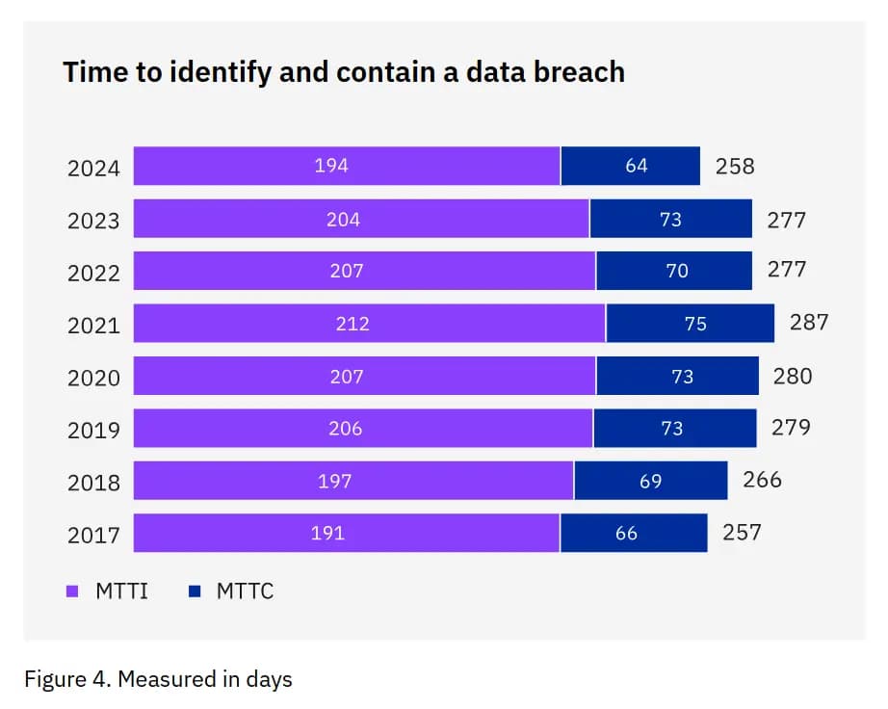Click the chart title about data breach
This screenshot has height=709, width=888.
pyautogui.click(x=344, y=72)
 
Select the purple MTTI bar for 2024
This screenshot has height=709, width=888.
pyautogui.click(x=347, y=166)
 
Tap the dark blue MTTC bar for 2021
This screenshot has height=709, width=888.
pyautogui.click(x=690, y=323)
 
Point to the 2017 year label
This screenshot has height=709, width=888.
pyautogui.click(x=93, y=535)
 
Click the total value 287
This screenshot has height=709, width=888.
pyautogui.click(x=809, y=323)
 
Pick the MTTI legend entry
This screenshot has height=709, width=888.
pyautogui.click(x=107, y=591)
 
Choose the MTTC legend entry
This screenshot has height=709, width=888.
pyautogui.click(x=231, y=591)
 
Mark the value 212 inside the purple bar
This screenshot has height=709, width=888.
pyautogui.click(x=353, y=324)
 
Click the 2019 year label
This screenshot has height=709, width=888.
pyautogui.click(x=93, y=431)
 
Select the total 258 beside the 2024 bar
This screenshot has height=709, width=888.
pyautogui.click(x=735, y=166)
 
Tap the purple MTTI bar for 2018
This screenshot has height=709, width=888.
pyautogui.click(x=353, y=481)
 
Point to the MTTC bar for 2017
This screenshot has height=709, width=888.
pyautogui.click(x=634, y=533)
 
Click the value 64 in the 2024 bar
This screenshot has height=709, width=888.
pyautogui.click(x=637, y=166)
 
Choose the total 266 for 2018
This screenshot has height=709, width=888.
pyautogui.click(x=762, y=479)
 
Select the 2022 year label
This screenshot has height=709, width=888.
pyautogui.click(x=93, y=274)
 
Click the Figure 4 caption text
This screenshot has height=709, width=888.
pyautogui.click(x=158, y=679)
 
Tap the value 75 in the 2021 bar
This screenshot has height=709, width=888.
pyautogui.click(x=695, y=324)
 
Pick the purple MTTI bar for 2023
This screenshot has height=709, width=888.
pyautogui.click(x=361, y=219)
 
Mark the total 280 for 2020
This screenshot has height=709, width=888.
pyautogui.click(x=793, y=376)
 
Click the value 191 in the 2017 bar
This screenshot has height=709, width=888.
pyautogui.click(x=328, y=533)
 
